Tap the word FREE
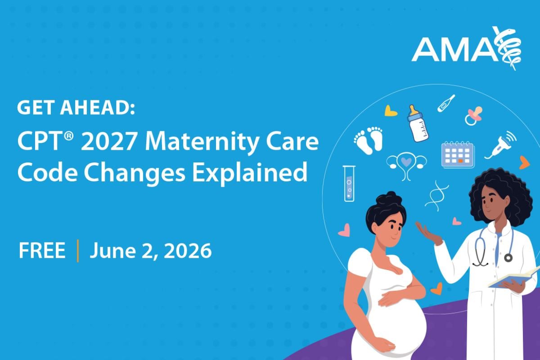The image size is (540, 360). [42, 251]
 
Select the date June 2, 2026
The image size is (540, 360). [150, 251]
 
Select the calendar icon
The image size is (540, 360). [457, 154]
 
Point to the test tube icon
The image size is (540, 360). [349, 183]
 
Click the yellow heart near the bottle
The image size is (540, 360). [391, 111]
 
